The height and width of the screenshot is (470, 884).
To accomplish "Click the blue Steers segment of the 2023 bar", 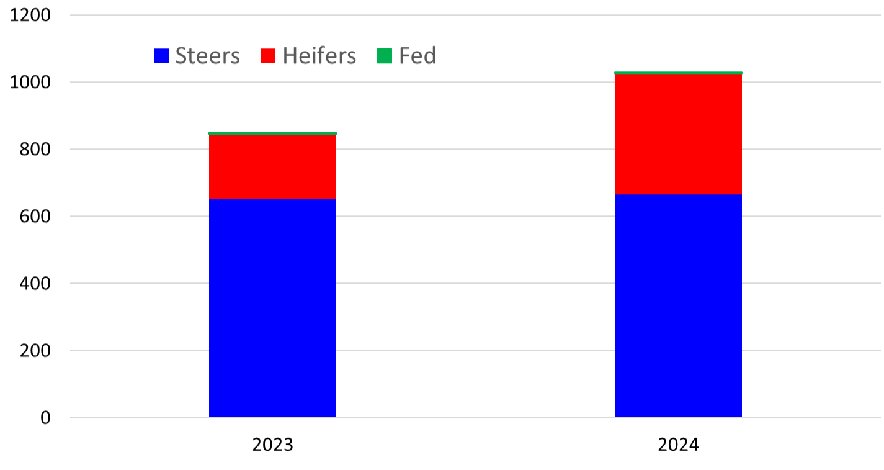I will [272, 307].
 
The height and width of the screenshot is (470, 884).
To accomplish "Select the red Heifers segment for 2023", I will [272, 166].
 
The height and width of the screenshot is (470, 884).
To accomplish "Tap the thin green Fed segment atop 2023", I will [272, 133].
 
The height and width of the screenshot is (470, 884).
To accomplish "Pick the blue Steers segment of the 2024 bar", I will [678, 305].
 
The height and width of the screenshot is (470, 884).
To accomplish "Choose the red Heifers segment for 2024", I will [678, 134].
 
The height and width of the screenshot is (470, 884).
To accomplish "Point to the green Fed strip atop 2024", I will [678, 73].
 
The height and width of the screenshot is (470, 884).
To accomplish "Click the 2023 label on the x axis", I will [272, 445].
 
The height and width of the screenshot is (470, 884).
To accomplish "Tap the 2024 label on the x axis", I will [678, 445].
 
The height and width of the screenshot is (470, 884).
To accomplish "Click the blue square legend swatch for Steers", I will [161, 56].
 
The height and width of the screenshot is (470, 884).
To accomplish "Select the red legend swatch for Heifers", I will [269, 56].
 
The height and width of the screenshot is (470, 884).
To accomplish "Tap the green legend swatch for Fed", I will [385, 56].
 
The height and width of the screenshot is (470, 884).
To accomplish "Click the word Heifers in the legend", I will [319, 56].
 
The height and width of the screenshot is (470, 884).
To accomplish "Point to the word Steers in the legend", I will [207, 56].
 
